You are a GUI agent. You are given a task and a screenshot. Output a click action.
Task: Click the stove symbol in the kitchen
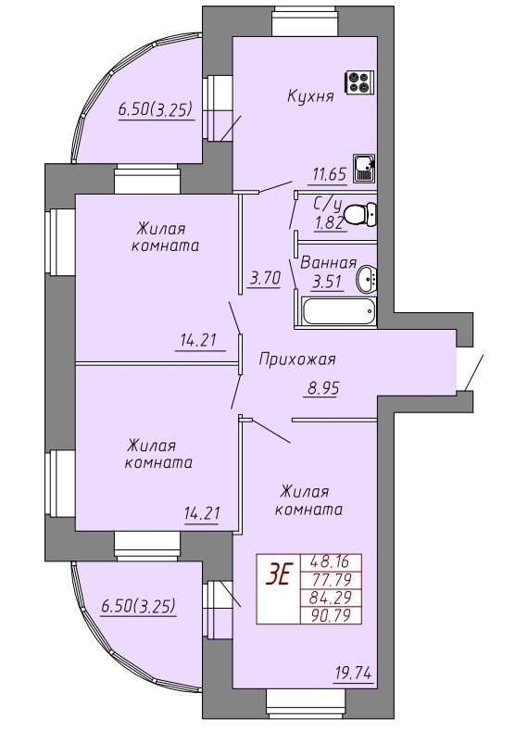click(359, 83)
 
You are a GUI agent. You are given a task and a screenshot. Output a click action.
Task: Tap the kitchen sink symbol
click(364, 169)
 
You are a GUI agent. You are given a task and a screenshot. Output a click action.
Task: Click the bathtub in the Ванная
click(338, 311)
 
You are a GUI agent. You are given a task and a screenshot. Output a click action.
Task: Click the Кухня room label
click(310, 96)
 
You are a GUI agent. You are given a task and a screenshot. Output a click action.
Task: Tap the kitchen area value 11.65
click(330, 175)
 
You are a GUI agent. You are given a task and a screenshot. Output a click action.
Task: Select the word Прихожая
click(297, 359)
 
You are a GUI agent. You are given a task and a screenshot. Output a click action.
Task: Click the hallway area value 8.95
click(322, 388)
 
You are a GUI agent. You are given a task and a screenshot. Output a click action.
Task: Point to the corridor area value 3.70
click(265, 279)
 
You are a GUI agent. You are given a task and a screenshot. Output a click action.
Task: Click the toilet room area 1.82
click(330, 224)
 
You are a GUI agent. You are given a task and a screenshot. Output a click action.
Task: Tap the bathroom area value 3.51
click(328, 283)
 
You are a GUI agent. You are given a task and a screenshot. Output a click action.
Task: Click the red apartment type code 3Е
click(277, 575)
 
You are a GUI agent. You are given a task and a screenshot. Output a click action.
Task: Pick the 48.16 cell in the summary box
click(331, 561)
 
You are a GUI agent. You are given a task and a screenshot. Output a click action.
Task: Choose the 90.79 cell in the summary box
click(331, 616)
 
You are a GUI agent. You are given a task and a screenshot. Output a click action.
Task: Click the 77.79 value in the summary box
click(331, 579)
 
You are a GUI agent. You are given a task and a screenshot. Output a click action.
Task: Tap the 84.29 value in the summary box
click(331, 598)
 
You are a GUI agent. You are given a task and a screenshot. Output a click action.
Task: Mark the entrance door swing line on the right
click(474, 372)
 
